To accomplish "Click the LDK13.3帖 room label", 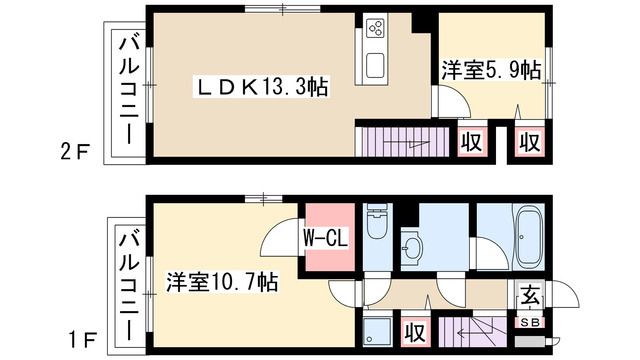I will tap(263, 89).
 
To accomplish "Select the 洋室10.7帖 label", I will tap(222, 283).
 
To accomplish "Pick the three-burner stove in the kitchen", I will tap(377, 30).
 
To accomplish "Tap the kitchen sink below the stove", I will tap(376, 65).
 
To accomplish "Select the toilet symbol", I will tap(376, 232).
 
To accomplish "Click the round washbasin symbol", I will tap(412, 247).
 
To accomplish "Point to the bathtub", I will tap(527, 237).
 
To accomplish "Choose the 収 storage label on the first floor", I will tap(412, 331).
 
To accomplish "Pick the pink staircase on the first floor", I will tap(478, 329).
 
